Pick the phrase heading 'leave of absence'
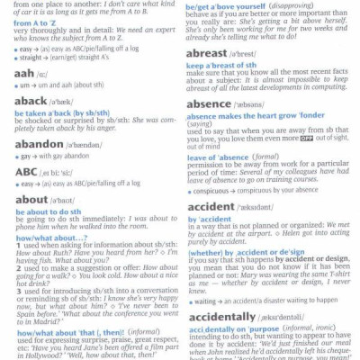[x=220, y=157]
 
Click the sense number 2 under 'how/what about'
[x=18, y=267]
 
